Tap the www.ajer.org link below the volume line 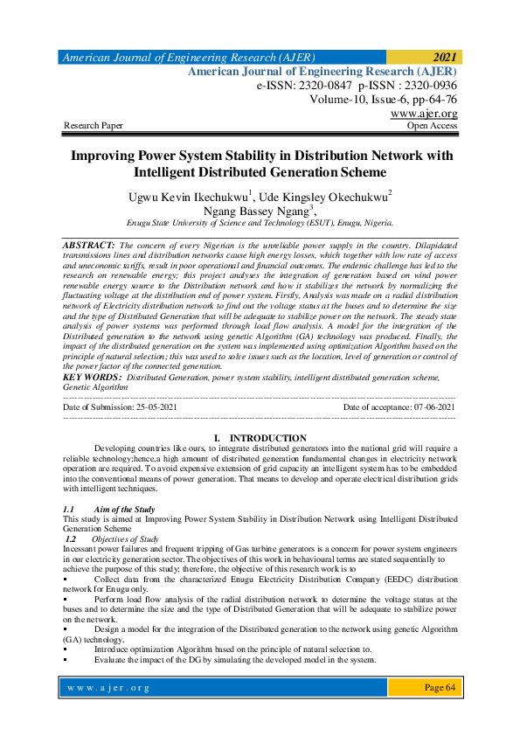pyautogui.click(x=424, y=114)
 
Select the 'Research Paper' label pyautogui.click(x=94, y=126)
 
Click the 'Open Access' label pyautogui.click(x=432, y=126)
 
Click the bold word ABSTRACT pyautogui.click(x=89, y=246)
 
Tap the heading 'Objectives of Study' pyautogui.click(x=125, y=539)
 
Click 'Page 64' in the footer pyautogui.click(x=440, y=688)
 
